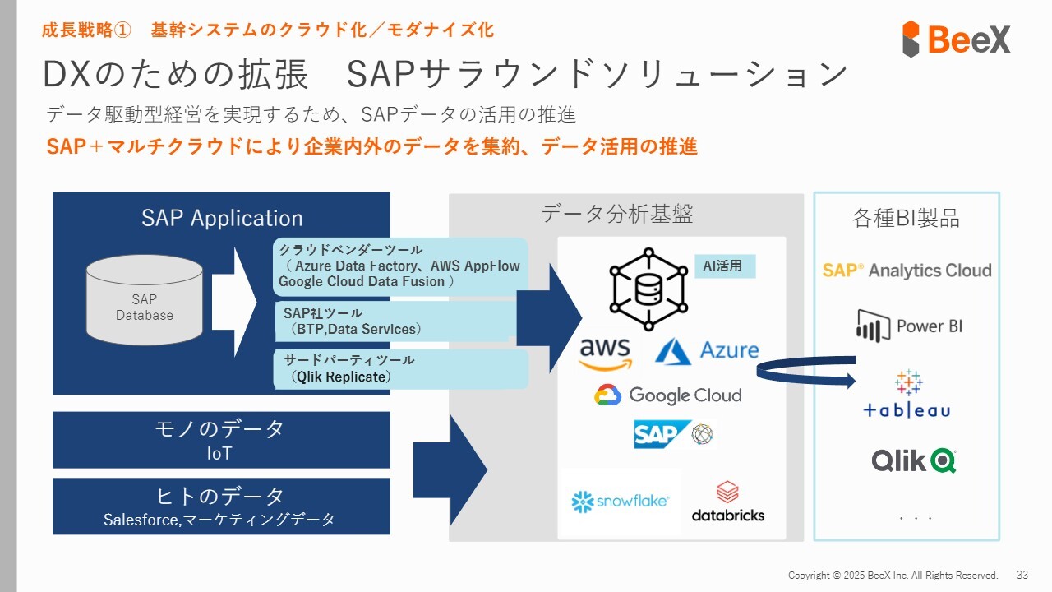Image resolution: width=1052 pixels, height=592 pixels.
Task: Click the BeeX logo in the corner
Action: pyautogui.click(x=956, y=39)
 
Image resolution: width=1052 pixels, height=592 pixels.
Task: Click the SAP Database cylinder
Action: pyautogui.click(x=145, y=300)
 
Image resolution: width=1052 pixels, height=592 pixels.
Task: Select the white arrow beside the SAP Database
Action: pyautogui.click(x=234, y=303)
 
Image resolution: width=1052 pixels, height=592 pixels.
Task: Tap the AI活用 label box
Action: pyautogui.click(x=725, y=266)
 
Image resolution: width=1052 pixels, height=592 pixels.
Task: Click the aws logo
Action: pyautogui.click(x=605, y=354)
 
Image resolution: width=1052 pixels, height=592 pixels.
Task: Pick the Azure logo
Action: pyautogui.click(x=707, y=350)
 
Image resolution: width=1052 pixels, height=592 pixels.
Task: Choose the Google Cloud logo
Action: pyautogui.click(x=668, y=395)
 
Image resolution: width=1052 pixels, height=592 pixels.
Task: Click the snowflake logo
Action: pyautogui.click(x=620, y=502)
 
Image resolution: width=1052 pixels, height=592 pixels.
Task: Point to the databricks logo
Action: pyautogui.click(x=728, y=502)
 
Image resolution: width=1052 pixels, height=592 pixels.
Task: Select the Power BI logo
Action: pyautogui.click(x=909, y=326)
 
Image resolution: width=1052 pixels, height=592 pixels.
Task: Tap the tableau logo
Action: pyautogui.click(x=907, y=394)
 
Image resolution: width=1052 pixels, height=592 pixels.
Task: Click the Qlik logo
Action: pyautogui.click(x=914, y=460)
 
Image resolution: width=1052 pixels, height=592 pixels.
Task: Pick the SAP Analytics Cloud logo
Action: pyautogui.click(x=907, y=271)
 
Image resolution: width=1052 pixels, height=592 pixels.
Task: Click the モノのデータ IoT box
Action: pyautogui.click(x=221, y=440)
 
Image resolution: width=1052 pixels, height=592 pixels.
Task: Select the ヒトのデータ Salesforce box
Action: pyautogui.click(x=221, y=506)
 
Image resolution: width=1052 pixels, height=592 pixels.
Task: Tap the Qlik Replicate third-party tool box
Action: pyautogui.click(x=400, y=369)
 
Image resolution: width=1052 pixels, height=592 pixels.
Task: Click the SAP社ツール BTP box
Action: pyautogui.click(x=395, y=321)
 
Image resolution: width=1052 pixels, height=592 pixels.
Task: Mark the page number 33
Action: pyautogui.click(x=1022, y=575)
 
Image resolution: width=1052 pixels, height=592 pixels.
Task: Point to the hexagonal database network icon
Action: pyautogui.click(x=648, y=289)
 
